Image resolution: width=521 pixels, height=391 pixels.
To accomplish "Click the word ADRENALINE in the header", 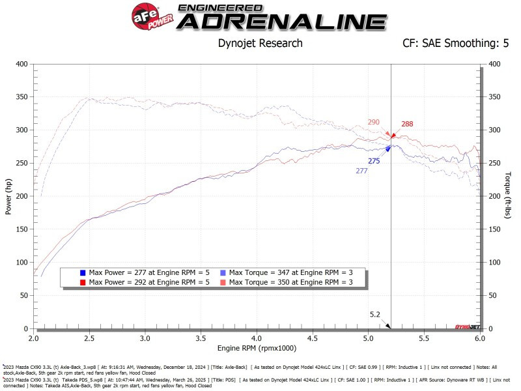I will (281, 22).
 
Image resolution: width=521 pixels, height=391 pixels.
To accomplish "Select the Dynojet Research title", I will (259, 44).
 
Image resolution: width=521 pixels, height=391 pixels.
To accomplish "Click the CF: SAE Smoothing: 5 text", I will (448, 44).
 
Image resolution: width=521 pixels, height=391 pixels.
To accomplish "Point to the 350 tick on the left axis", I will (22, 97).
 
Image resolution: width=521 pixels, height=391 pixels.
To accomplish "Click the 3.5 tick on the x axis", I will (201, 340).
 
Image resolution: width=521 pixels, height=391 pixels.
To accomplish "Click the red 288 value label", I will (407, 124).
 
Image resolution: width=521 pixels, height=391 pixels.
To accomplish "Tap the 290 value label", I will (373, 122).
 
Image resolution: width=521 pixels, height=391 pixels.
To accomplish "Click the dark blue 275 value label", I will (374, 160).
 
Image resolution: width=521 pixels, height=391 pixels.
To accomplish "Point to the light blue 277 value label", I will (362, 171).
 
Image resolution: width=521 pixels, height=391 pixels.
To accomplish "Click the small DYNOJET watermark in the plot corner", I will (466, 325).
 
